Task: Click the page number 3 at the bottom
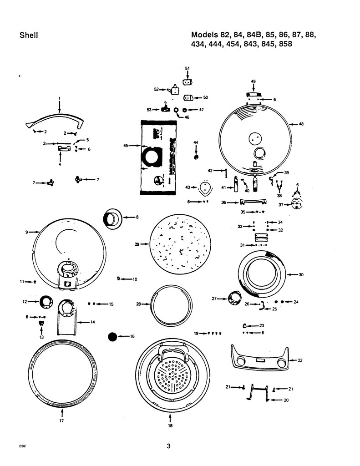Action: tap(168, 446)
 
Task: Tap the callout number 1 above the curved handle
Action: tap(59, 98)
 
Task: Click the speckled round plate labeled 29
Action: tap(181, 244)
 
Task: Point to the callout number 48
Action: tap(301, 124)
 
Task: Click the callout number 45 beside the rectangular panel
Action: tap(126, 146)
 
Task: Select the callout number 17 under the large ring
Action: tap(61, 421)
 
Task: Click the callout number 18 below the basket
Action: tap(170, 426)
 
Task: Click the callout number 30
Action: tap(301, 274)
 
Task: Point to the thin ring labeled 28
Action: tap(171, 304)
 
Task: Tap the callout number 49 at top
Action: tap(254, 81)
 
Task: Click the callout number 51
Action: tap(187, 68)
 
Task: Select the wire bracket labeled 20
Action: tap(259, 393)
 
